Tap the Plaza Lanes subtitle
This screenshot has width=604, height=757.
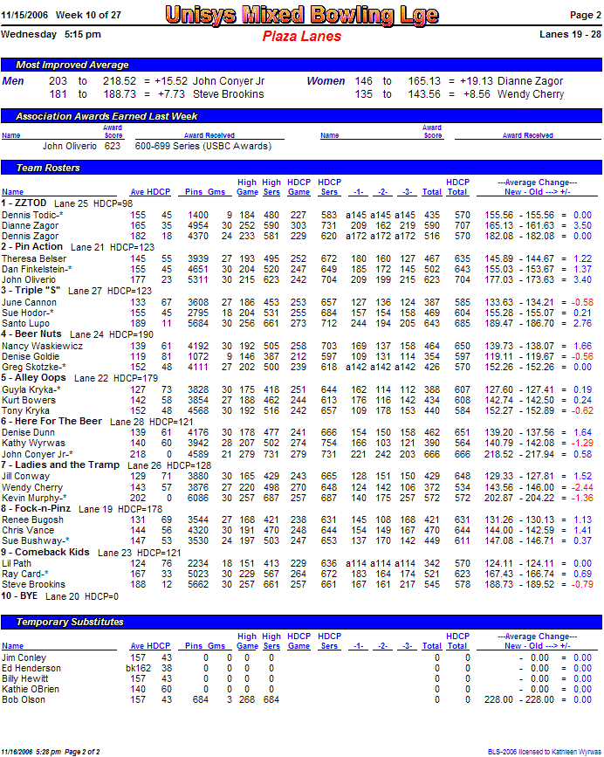tap(301, 37)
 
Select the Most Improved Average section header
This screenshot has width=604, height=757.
tap(72, 65)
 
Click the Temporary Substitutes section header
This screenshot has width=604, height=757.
tap(70, 622)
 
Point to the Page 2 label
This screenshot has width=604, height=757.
tap(586, 15)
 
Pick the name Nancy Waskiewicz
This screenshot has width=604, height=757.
tap(42, 346)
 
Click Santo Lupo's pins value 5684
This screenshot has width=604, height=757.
tap(198, 323)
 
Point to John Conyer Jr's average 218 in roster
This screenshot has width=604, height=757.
tap(138, 454)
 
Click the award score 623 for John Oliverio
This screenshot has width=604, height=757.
tap(113, 147)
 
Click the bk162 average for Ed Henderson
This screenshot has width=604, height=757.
tap(135, 668)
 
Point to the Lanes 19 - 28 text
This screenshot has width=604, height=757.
tap(571, 35)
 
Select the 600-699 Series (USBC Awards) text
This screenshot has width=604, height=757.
tap(202, 147)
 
